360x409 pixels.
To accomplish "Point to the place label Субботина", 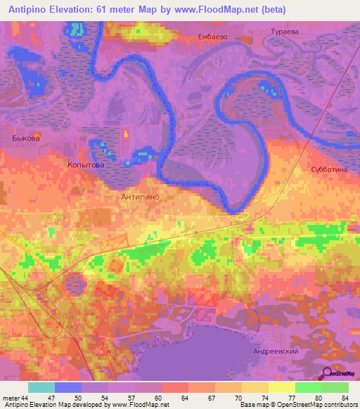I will click(x=330, y=170).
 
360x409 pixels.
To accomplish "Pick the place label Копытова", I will click(x=86, y=164).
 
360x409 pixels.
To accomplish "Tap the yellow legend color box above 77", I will click(x=282, y=387).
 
